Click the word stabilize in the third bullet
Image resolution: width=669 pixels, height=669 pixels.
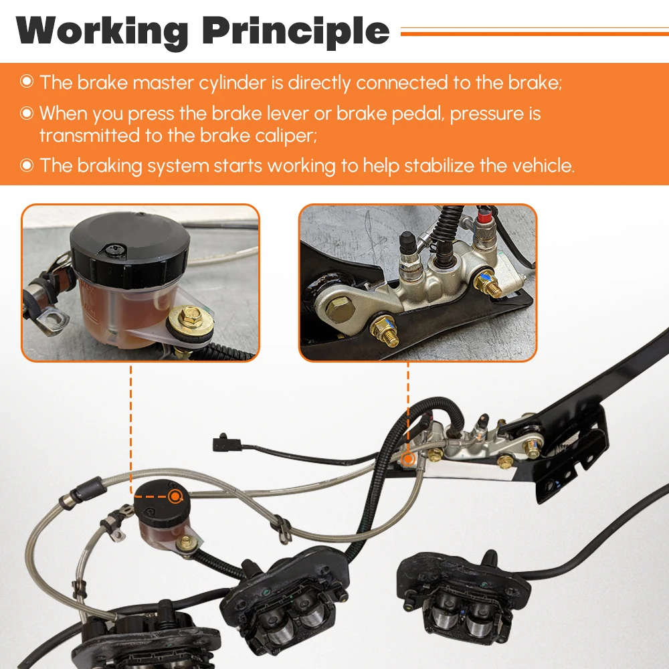coord(439,165)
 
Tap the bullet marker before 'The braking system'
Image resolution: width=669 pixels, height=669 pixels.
coord(27,165)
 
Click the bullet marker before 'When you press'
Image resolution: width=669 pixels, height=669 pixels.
coord(27,113)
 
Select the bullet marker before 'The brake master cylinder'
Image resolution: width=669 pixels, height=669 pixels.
coord(27,81)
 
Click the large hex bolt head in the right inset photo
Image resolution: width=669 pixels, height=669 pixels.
coord(339,308)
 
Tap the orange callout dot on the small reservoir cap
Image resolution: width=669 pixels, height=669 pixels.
coord(175,496)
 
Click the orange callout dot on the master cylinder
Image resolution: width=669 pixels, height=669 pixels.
coord(408,459)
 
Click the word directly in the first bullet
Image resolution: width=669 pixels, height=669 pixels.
coord(319,83)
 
